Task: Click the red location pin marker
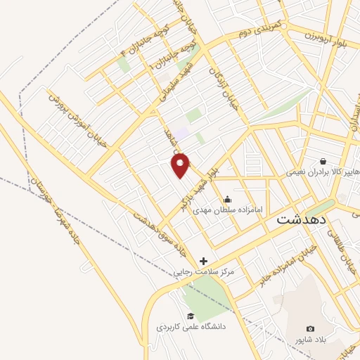(x=181, y=165)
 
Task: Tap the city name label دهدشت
(x=301, y=219)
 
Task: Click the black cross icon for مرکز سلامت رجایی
(x=203, y=261)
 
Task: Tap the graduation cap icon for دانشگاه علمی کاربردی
(x=190, y=316)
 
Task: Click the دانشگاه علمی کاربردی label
(x=189, y=327)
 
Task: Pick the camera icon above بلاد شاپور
(x=311, y=328)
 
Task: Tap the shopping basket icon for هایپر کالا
(x=323, y=161)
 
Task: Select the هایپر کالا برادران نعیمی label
(x=323, y=172)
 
